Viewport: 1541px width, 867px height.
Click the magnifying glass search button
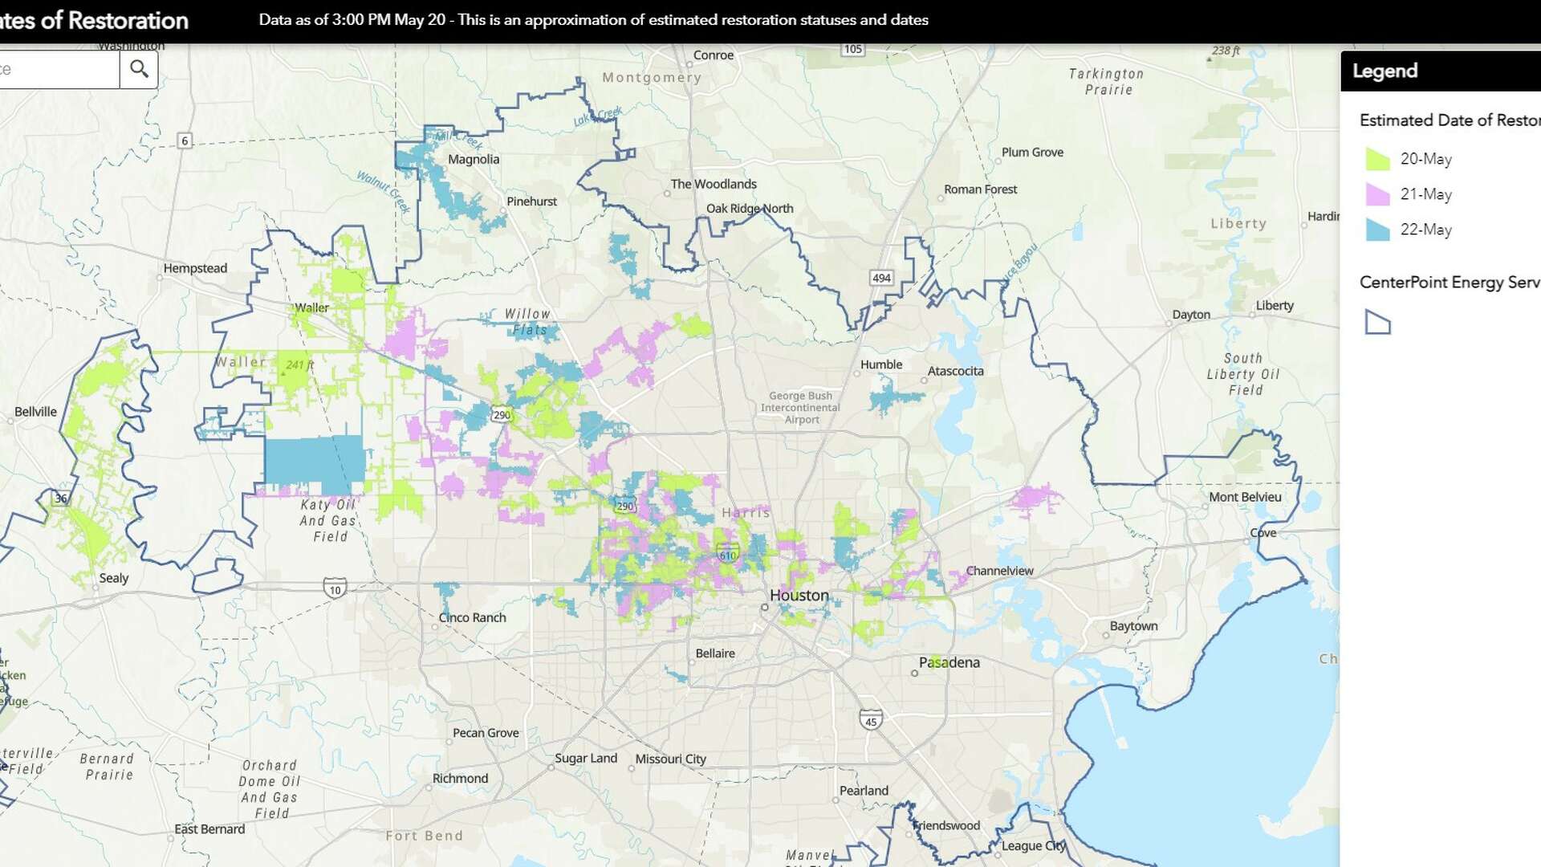[x=139, y=69]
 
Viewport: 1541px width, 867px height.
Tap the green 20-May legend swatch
[x=1377, y=159]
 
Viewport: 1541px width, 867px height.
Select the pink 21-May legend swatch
[x=1377, y=194]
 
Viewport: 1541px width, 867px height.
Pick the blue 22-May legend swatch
[x=1377, y=230]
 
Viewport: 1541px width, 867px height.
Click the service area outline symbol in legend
[x=1377, y=322]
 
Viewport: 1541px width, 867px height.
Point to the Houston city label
[x=799, y=596]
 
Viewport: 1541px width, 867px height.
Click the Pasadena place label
[x=949, y=662]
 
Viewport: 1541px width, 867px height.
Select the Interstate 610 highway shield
[x=727, y=554]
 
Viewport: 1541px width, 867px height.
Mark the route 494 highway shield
[x=881, y=278]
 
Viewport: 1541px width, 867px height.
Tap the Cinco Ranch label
[x=472, y=617]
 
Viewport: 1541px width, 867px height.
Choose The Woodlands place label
[x=714, y=184]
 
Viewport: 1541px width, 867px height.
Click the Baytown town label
[x=1133, y=626]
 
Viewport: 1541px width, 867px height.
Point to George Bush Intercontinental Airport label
[x=800, y=407]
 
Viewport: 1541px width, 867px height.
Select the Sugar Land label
[x=586, y=758]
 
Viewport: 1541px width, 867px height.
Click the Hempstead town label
[x=195, y=268]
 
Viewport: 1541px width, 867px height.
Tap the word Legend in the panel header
[x=1384, y=71]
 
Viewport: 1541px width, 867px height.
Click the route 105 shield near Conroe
[x=852, y=49]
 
